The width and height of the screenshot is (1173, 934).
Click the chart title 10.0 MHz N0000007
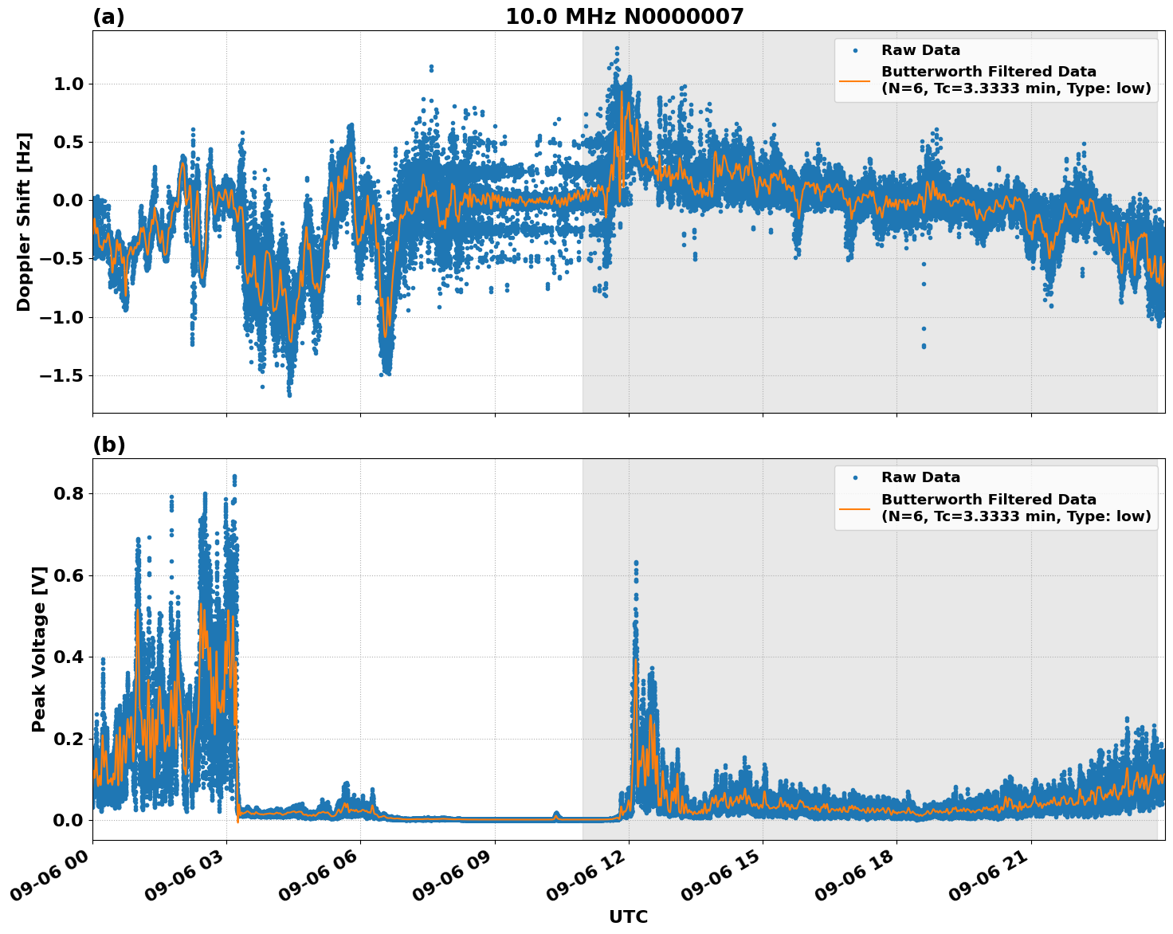[624, 17]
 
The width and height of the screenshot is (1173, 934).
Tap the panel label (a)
[108, 17]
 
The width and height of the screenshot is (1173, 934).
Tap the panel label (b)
[108, 445]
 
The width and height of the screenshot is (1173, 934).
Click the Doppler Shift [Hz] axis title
[24, 222]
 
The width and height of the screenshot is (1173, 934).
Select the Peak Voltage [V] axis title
[39, 649]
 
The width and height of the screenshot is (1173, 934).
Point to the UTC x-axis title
[628, 916]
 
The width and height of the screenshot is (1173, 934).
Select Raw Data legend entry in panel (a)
[920, 50]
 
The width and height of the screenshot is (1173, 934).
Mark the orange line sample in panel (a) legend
[854, 80]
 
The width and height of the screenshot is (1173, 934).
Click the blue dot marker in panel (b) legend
[854, 477]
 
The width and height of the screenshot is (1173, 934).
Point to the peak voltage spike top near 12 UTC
[635, 563]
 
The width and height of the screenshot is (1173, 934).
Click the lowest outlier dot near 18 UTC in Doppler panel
[924, 346]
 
